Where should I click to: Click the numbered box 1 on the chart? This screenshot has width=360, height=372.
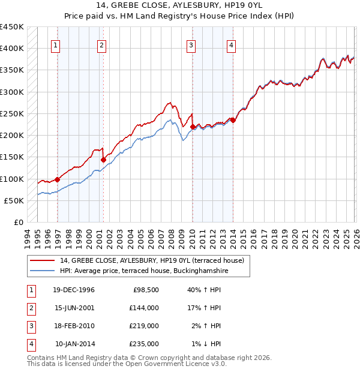click(x=56, y=45)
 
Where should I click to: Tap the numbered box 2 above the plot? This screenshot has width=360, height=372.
click(x=101, y=45)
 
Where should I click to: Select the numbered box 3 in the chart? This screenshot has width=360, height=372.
click(x=191, y=45)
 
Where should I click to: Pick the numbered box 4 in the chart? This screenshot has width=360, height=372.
click(x=231, y=45)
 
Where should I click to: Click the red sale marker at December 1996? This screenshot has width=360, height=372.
click(x=58, y=179)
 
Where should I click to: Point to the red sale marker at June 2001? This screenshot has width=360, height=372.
click(x=103, y=160)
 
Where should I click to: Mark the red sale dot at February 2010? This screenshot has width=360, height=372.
click(x=193, y=127)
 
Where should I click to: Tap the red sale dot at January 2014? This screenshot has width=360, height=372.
click(x=233, y=120)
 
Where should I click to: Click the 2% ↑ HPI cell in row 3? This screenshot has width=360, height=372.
click(x=206, y=326)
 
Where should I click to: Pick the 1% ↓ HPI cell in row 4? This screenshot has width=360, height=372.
click(x=206, y=344)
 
